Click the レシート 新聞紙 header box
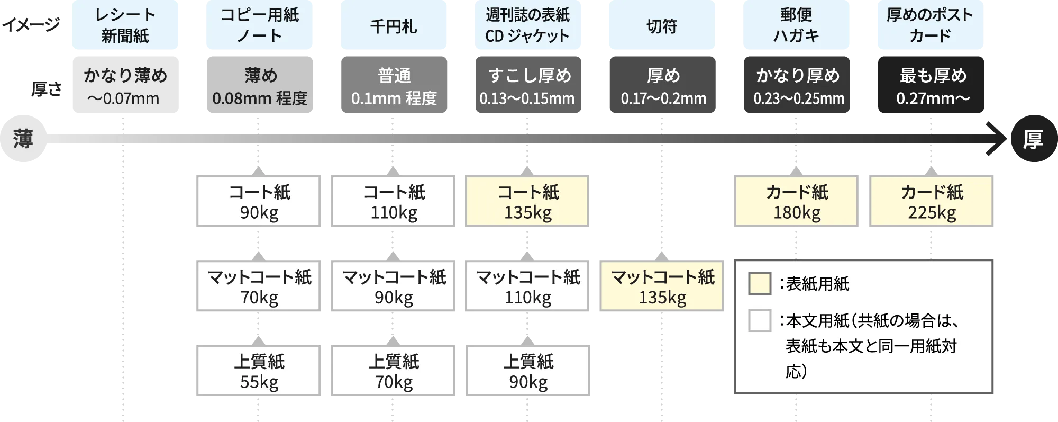126,25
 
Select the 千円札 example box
393,25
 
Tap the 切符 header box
662,25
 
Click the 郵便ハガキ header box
796,25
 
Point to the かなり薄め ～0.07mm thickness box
126,85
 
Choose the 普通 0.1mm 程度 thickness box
393,85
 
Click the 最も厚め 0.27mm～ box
932,85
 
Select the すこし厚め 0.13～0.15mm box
528,85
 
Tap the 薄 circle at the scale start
23,139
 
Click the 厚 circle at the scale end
1033,139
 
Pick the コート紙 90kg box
258,202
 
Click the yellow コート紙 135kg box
527,202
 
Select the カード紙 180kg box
796,202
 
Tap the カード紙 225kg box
931,202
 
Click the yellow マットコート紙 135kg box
662,286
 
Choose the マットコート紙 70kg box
258,286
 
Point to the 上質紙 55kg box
258,371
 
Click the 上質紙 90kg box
527,371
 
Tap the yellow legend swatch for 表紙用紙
760,284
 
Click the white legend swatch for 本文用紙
760,321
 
